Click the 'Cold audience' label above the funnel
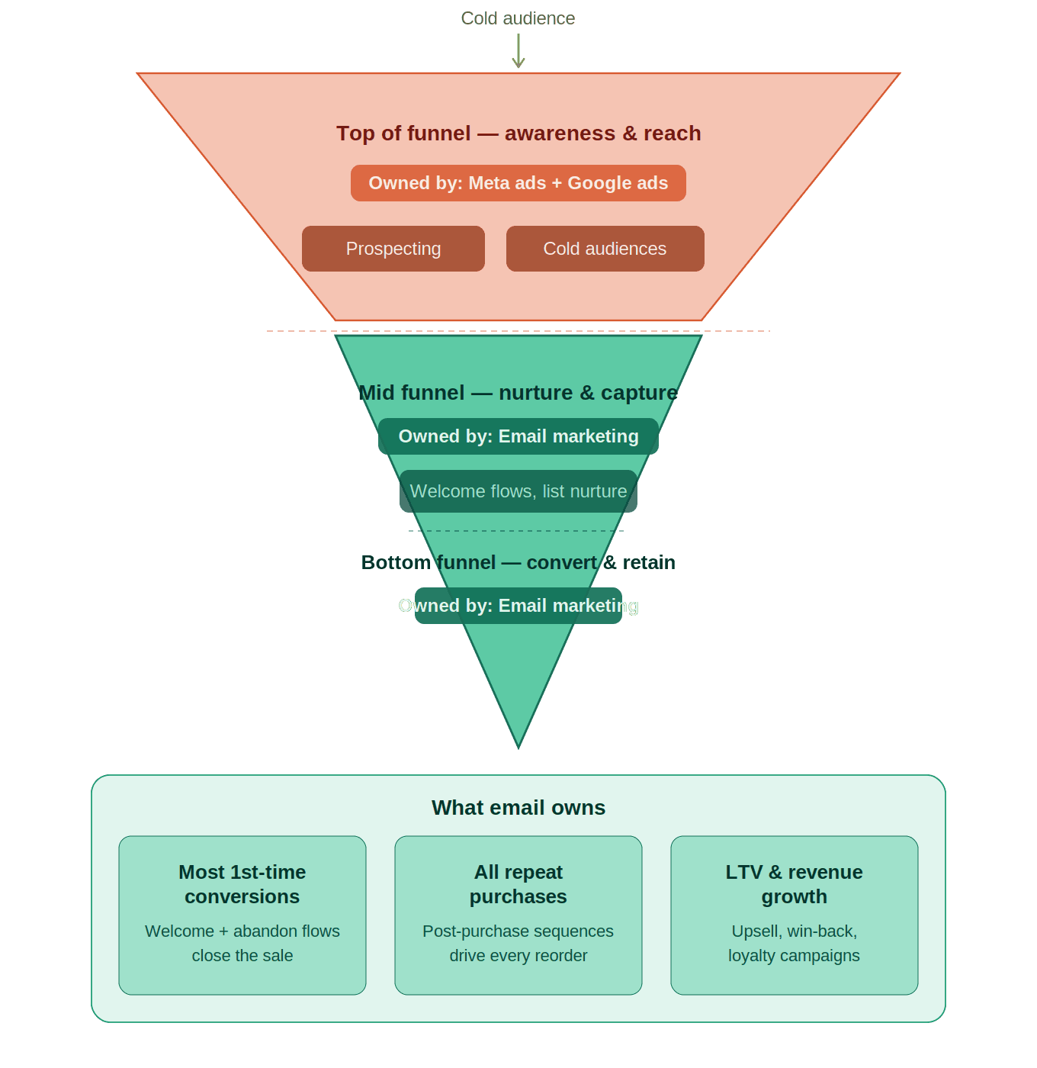[x=518, y=18]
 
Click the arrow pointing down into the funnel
[x=518, y=51]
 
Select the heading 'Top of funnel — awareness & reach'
[x=518, y=133]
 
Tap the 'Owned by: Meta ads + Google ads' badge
[x=518, y=183]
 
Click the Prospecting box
[x=393, y=249]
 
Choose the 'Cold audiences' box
[x=605, y=249]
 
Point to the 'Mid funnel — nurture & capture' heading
[x=518, y=393]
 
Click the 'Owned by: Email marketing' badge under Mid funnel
[x=518, y=436]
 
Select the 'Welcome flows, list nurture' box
[x=518, y=491]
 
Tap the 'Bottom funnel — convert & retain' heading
[x=518, y=562]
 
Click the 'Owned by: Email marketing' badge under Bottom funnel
[x=518, y=606]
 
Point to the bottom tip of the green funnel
[x=518, y=743]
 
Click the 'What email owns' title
[x=518, y=808]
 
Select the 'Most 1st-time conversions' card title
[x=242, y=884]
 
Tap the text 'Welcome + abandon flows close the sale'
[x=242, y=944]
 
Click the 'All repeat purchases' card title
[x=518, y=884]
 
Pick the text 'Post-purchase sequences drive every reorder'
[x=518, y=944]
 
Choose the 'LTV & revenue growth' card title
[x=795, y=884]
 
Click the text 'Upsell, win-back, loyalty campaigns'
[x=795, y=944]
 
